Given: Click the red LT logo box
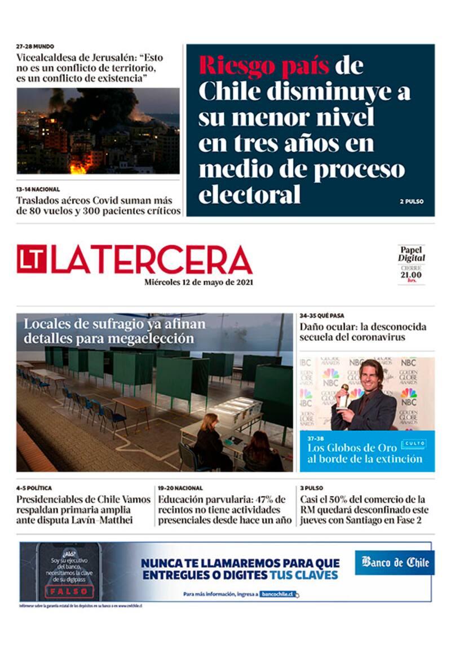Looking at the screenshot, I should click(32, 259).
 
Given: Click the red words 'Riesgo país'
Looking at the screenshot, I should click(264, 66).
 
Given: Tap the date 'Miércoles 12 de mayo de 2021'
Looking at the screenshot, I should click(198, 282).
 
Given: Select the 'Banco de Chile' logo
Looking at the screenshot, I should click(395, 562).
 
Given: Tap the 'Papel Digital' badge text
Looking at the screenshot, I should click(411, 254).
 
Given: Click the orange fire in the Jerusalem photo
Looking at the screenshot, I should click(79, 167).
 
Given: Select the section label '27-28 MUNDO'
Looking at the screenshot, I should click(35, 46).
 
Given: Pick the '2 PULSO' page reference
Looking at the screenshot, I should click(412, 201).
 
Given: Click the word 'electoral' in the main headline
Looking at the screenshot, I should click(249, 195).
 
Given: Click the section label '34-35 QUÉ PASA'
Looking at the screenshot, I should click(322, 316).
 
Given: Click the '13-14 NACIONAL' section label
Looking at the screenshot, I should click(38, 189).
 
